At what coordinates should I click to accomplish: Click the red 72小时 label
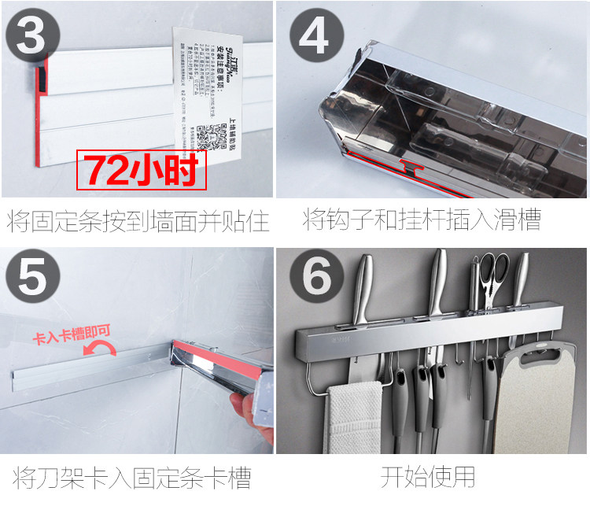point(141,170)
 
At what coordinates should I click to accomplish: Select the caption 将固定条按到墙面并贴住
point(138,221)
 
